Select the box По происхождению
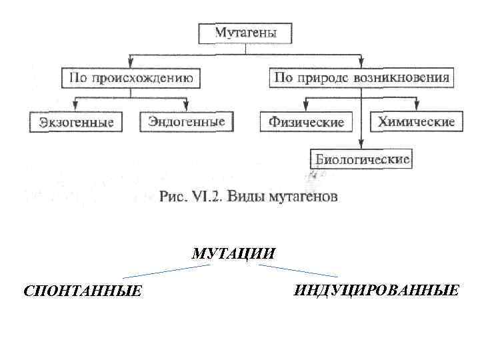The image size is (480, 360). (130, 78)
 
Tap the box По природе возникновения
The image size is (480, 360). (362, 78)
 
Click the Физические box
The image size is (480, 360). (306, 122)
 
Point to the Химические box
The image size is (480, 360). (415, 121)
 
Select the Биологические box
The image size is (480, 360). (362, 159)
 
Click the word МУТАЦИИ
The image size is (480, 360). (233, 254)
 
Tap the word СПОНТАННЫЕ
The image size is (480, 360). (83, 291)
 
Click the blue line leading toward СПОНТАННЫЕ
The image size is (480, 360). (167, 271)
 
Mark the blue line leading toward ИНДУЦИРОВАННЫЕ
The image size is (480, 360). (298, 271)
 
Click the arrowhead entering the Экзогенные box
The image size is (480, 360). (76, 109)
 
